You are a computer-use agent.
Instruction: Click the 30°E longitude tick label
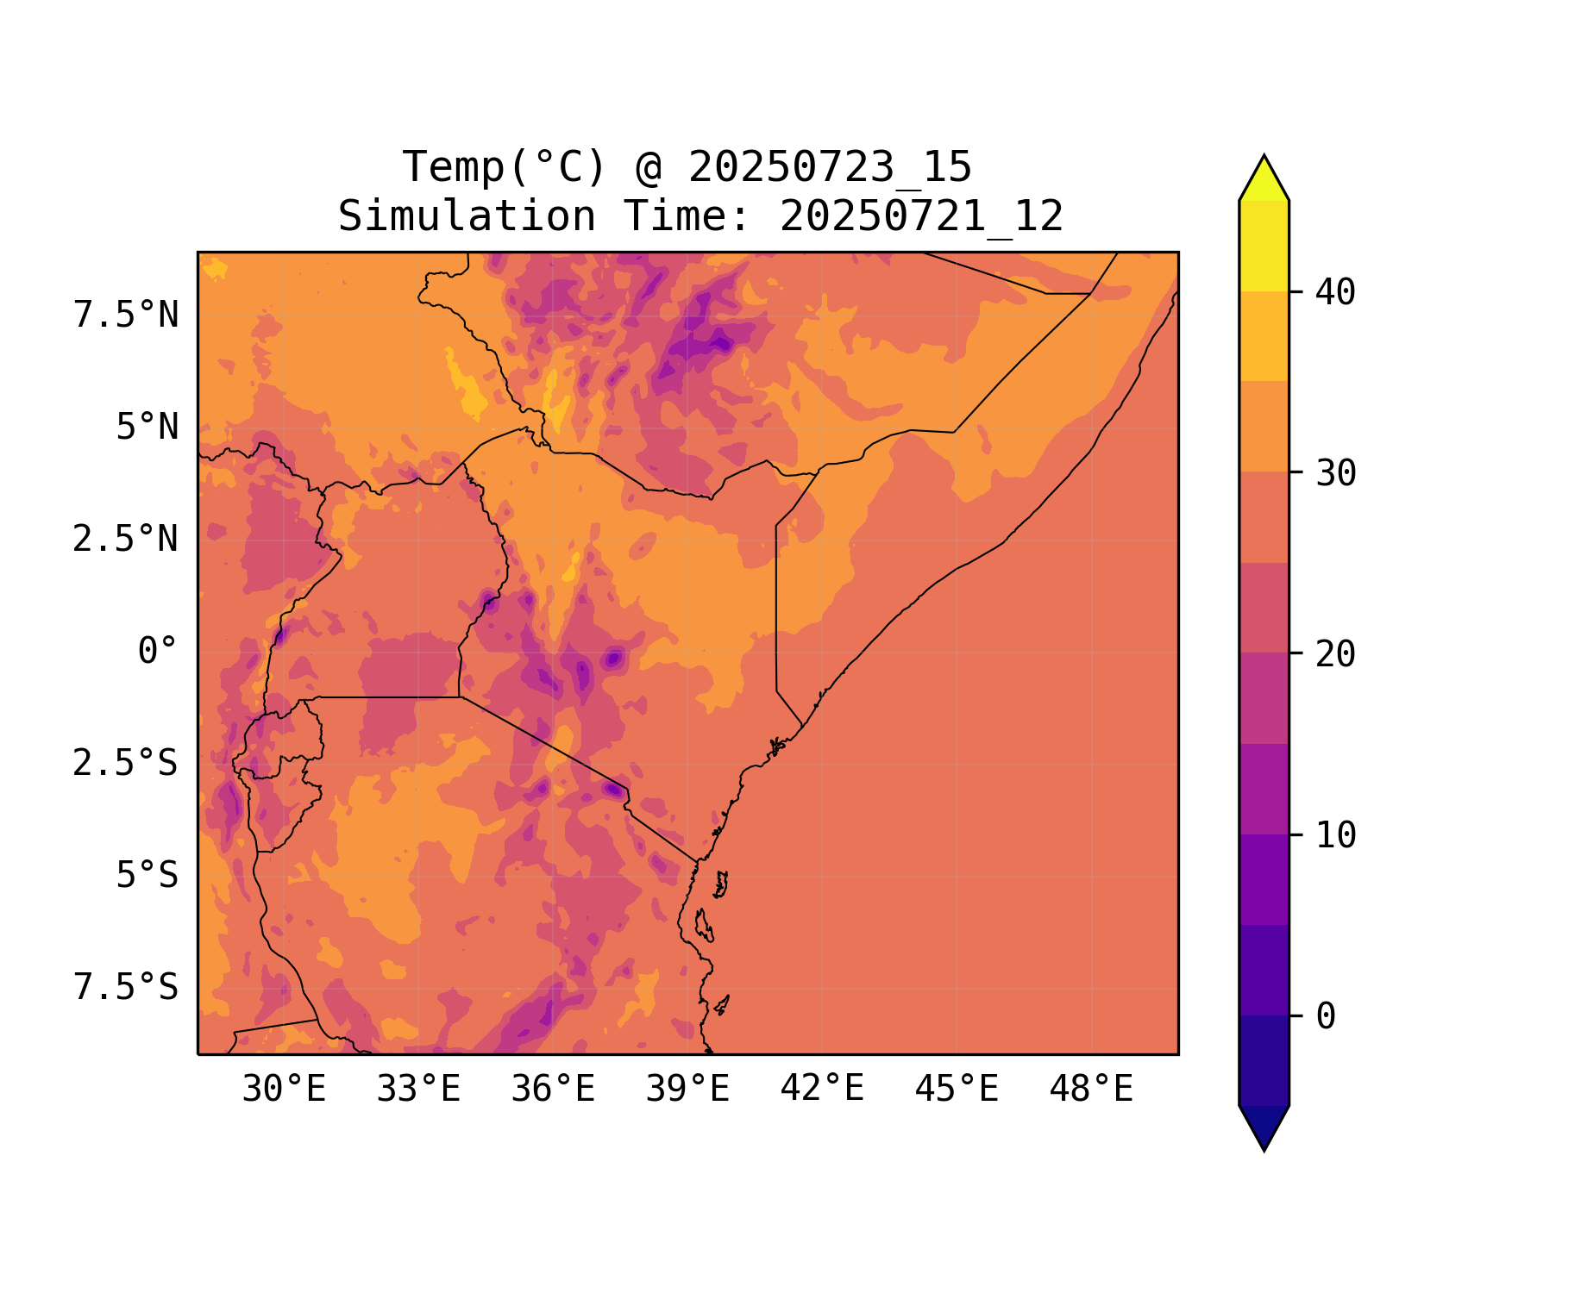284,1090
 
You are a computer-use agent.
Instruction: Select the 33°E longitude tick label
418,1090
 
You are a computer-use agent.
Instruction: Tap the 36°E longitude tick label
553,1090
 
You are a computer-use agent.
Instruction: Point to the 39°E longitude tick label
687,1090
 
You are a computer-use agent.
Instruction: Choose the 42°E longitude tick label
822,1090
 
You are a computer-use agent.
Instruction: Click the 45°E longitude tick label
957,1090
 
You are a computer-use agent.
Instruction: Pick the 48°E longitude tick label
1091,1090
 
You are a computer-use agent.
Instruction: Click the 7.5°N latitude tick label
126,315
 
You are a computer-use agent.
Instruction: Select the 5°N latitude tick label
147,428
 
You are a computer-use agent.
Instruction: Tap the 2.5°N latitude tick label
126,540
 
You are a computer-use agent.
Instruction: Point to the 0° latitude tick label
158,652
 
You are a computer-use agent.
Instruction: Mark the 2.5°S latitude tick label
126,764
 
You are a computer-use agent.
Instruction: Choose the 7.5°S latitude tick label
126,988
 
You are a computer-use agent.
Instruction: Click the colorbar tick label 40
1335,292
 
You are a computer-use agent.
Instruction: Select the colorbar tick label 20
1335,654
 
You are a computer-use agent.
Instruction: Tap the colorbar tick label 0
1326,1016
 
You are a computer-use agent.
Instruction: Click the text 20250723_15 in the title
830,167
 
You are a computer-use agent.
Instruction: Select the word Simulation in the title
467,216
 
